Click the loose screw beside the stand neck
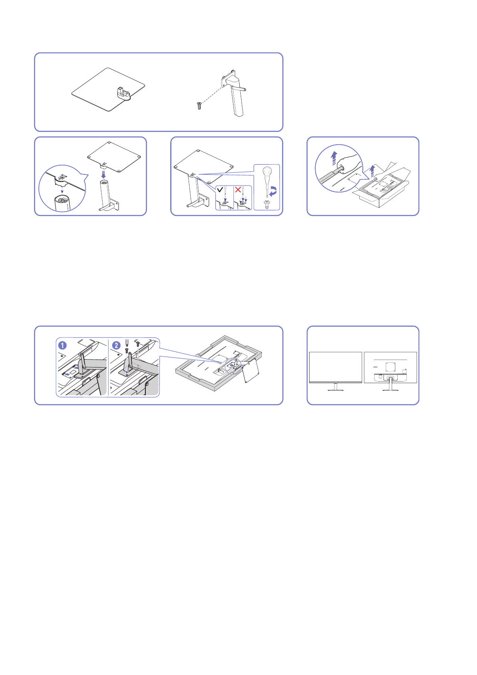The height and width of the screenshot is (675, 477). click(x=199, y=106)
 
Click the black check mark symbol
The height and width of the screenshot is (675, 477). click(x=220, y=189)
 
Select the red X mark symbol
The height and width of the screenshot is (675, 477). click(x=238, y=189)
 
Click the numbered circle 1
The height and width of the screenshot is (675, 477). click(x=62, y=345)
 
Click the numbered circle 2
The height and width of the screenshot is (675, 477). click(x=116, y=345)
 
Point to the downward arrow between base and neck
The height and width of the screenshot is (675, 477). click(x=104, y=175)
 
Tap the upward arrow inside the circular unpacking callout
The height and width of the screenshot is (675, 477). click(x=333, y=158)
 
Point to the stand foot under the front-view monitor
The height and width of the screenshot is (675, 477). click(x=336, y=390)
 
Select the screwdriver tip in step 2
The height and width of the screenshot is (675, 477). click(x=127, y=344)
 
